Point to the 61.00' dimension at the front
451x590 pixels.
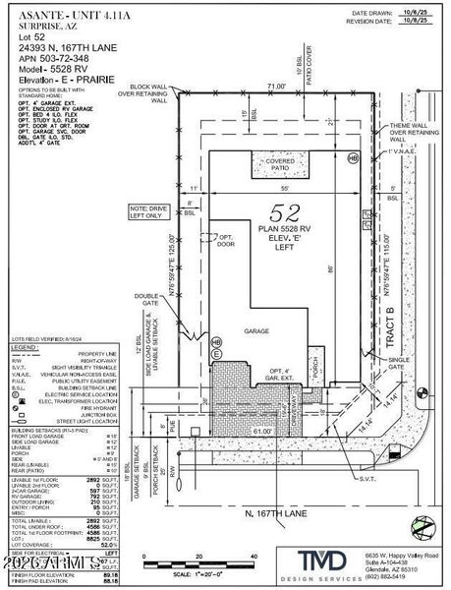[262, 403]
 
